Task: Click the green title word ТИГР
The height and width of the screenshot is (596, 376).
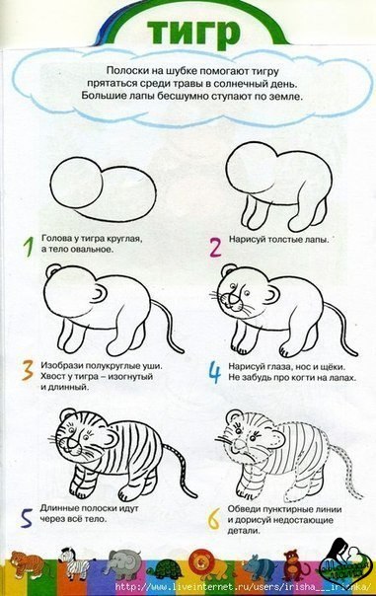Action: (x=193, y=33)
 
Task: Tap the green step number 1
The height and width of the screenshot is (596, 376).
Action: (x=29, y=247)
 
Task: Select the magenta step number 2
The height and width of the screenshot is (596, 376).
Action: (x=215, y=247)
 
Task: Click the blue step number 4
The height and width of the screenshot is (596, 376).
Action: (x=215, y=372)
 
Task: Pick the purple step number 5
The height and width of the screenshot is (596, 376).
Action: (x=27, y=518)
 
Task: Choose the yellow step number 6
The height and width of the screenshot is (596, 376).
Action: (x=214, y=519)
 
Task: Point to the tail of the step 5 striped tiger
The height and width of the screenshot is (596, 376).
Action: (x=182, y=467)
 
